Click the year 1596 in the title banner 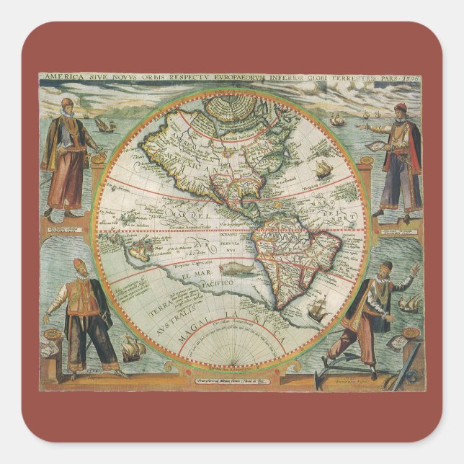coord(412,75)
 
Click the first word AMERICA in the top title coord(60,75)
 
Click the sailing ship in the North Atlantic coord(324,171)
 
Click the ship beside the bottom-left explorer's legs coord(134,349)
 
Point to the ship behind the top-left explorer coord(105,125)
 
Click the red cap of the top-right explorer coord(401,108)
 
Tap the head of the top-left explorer coord(66,105)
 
